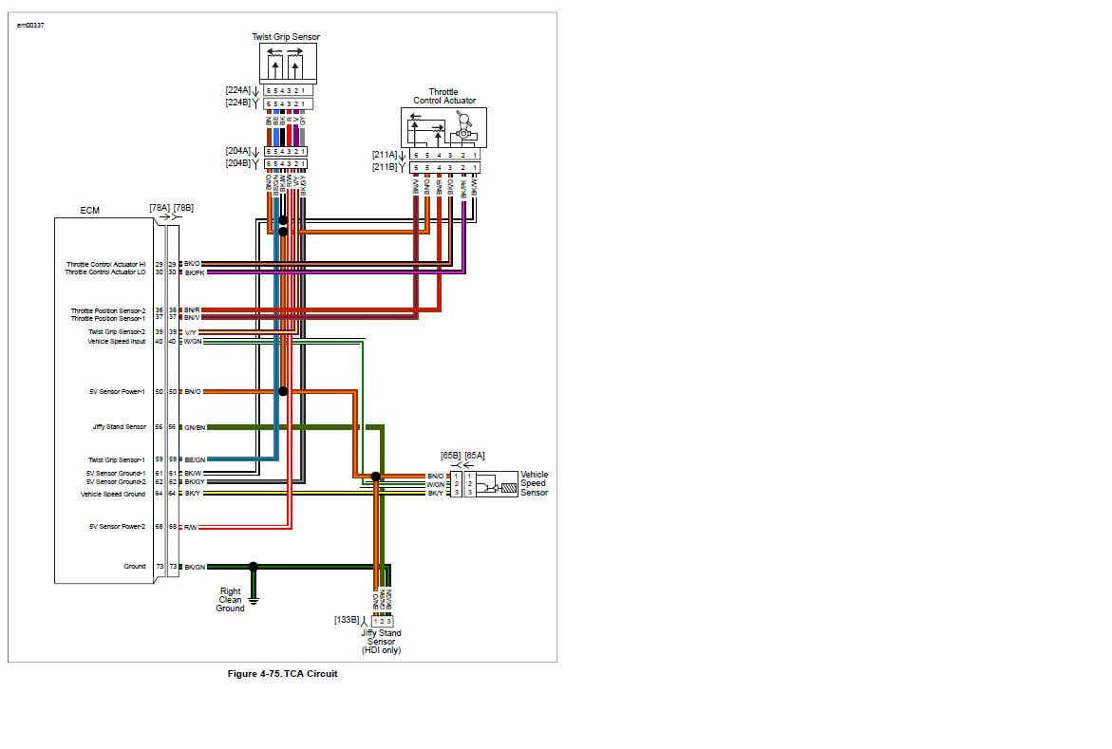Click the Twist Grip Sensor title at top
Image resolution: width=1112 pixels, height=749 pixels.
pos(286,37)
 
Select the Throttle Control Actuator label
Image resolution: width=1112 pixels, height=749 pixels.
pos(444,97)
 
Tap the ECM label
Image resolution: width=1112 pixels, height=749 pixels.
pos(89,211)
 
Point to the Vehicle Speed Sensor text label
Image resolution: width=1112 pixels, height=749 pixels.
pos(534,484)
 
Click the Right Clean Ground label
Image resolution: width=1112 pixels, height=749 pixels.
pos(231,600)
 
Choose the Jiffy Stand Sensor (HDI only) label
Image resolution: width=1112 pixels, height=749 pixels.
pos(381,641)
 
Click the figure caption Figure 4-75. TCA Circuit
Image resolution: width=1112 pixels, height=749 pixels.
pos(283,674)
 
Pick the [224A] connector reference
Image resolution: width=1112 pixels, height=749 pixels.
pos(238,90)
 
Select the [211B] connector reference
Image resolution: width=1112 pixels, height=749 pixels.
pos(386,168)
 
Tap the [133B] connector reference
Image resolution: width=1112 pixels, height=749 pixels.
pos(347,620)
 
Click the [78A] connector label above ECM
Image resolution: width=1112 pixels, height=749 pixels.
pos(159,207)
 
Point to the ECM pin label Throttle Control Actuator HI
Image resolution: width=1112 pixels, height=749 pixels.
pos(105,264)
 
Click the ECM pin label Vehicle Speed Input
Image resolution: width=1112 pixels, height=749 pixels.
pos(117,342)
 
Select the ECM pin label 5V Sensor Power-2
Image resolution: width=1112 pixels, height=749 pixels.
pos(118,526)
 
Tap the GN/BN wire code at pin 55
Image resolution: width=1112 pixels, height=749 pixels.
pos(195,427)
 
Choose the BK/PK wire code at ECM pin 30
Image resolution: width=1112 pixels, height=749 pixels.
pos(194,272)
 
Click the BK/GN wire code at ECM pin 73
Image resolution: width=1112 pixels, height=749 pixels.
pos(195,567)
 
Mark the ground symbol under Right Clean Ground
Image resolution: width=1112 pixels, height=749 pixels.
pos(254,598)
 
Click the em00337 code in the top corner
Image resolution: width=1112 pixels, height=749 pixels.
pos(30,25)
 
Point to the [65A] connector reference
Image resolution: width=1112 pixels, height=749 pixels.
pos(476,457)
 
